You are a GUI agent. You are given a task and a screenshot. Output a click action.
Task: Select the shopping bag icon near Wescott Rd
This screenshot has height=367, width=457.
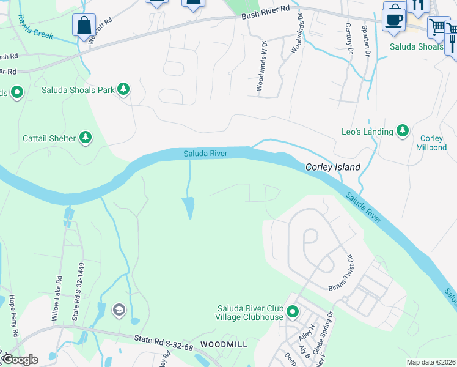[x=84, y=26]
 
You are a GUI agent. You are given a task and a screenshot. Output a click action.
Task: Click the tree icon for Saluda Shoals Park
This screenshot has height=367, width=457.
[x=123, y=90]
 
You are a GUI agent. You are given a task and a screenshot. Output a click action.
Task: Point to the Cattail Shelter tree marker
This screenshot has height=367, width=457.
[x=86, y=138]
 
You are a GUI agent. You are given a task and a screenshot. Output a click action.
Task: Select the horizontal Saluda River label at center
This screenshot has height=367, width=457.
[x=206, y=154]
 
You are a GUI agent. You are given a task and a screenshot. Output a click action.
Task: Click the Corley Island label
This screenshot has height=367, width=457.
[x=332, y=167]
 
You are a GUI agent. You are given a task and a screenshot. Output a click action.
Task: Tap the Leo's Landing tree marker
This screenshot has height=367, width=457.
[x=402, y=130]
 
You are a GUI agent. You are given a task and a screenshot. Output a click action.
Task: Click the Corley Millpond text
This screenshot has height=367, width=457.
[x=432, y=143]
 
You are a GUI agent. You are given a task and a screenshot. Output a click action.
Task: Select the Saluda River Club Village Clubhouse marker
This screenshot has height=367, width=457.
[x=293, y=313]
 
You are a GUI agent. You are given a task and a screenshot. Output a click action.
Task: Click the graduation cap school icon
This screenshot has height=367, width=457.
[x=117, y=311]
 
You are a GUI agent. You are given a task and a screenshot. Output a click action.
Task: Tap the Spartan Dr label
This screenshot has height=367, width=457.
[x=368, y=41]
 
